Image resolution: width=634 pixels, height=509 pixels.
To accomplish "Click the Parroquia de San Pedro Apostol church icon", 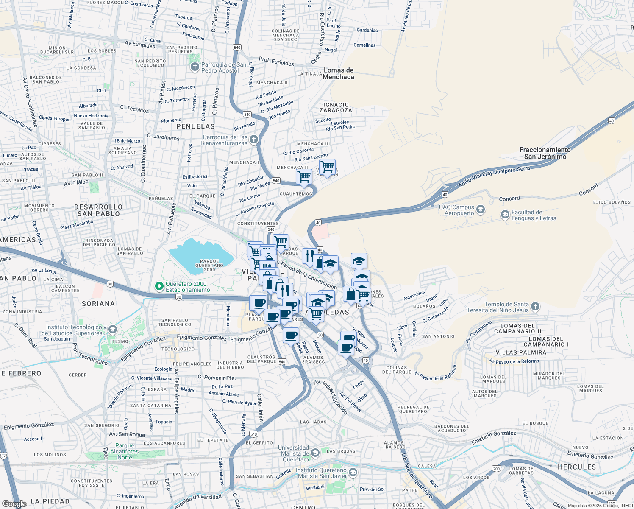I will [195, 67].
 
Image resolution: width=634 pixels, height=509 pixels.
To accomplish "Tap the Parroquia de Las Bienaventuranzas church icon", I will [253, 140].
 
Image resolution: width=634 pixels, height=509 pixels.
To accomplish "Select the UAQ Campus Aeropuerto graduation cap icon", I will [480, 210].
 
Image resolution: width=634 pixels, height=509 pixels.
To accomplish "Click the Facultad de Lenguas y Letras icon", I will [505, 215].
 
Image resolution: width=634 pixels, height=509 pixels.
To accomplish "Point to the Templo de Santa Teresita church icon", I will [535, 306].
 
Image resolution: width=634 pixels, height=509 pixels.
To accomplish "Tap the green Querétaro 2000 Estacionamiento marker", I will [159, 287].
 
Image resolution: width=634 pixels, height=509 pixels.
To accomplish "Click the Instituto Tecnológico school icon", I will [112, 330].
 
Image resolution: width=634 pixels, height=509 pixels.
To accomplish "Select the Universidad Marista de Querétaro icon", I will [315, 453].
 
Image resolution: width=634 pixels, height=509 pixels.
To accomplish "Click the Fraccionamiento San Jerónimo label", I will [545, 153].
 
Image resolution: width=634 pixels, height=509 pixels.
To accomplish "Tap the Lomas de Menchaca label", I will [338, 73].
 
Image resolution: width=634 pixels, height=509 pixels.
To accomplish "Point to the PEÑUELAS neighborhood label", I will [195, 126].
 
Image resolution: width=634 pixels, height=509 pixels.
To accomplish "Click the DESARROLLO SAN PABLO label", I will [98, 210].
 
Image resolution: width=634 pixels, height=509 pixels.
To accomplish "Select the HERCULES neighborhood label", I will [576, 467].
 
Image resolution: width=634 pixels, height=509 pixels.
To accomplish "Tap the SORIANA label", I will [98, 304].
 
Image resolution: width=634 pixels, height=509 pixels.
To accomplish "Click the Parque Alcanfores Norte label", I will [125, 451].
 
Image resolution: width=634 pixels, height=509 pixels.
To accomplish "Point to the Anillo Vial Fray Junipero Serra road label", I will [494, 177].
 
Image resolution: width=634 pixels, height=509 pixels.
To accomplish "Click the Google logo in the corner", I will [14, 503].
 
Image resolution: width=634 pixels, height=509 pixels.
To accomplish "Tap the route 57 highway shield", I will [3, 456].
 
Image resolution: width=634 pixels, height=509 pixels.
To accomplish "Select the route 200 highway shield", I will [496, 469].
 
